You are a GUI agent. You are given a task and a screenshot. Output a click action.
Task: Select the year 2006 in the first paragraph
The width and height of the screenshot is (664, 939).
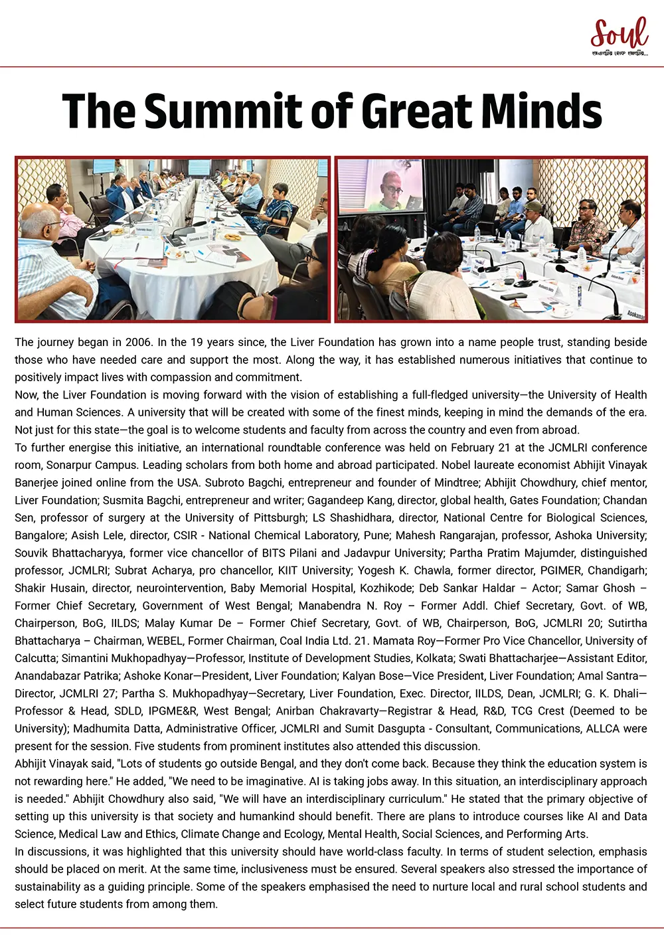[139, 343]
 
